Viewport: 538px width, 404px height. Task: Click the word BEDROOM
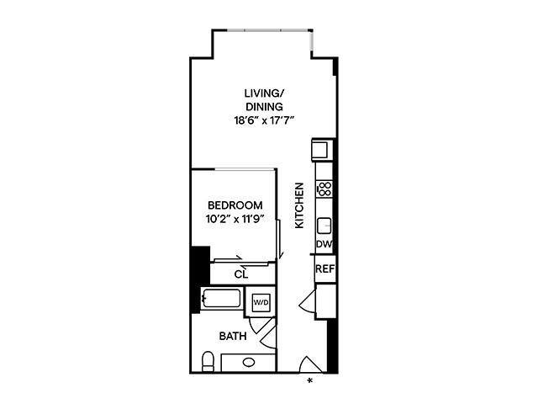pyautogui.click(x=235, y=205)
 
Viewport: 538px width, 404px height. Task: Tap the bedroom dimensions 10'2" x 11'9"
pyautogui.click(x=235, y=220)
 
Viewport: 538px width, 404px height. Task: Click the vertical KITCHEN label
pyautogui.click(x=298, y=206)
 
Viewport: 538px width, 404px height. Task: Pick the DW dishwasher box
pyautogui.click(x=324, y=244)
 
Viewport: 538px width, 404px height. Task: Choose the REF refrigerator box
pyautogui.click(x=324, y=269)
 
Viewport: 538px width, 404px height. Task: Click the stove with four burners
pyautogui.click(x=324, y=189)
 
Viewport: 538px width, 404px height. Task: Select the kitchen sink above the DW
pyautogui.click(x=324, y=226)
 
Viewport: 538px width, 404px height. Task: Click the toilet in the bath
pyautogui.click(x=208, y=363)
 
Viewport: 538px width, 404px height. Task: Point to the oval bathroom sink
pyautogui.click(x=249, y=364)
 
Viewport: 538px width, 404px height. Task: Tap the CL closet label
pyautogui.click(x=241, y=274)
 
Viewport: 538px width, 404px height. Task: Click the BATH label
pyautogui.click(x=233, y=336)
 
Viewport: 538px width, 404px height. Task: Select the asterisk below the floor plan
pyautogui.click(x=311, y=381)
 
